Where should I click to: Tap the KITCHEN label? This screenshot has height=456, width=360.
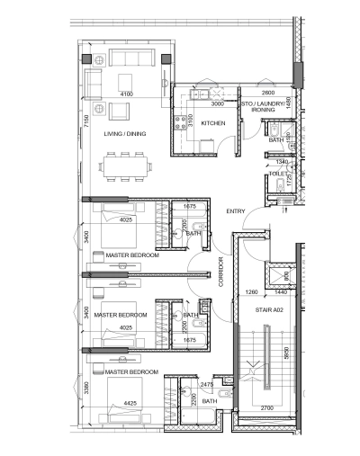(213, 123)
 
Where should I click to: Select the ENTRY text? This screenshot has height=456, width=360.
(236, 211)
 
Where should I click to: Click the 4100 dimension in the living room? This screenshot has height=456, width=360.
(126, 93)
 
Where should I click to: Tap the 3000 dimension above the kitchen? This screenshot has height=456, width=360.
(205, 103)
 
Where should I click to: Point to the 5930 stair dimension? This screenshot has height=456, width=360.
(286, 353)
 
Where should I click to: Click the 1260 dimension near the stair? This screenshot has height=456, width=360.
(251, 292)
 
